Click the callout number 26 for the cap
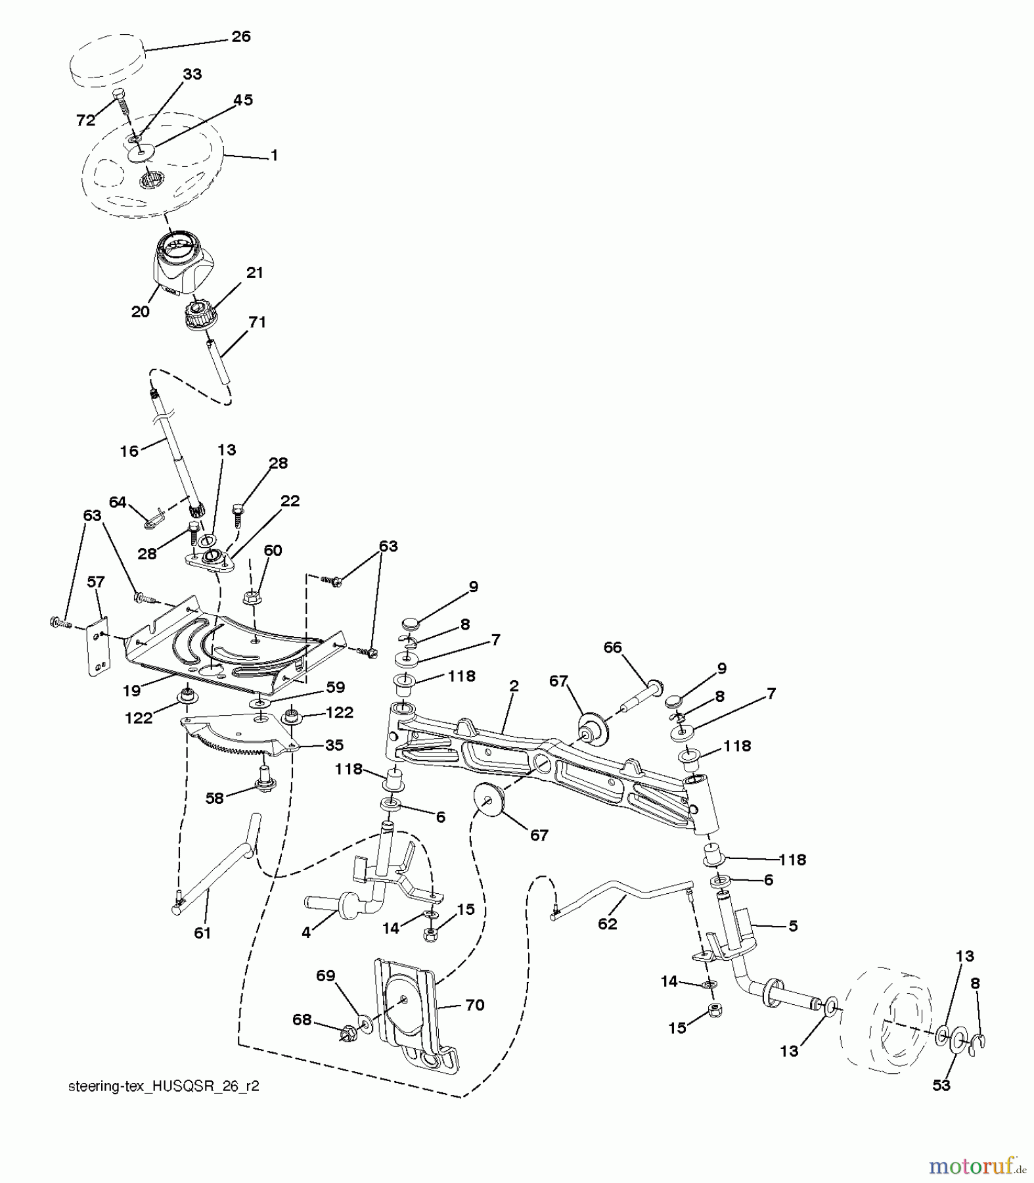pyautogui.click(x=241, y=37)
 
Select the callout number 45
pyautogui.click(x=243, y=100)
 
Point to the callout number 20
pyautogui.click(x=141, y=312)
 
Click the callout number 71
pyautogui.click(x=257, y=322)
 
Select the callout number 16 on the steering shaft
pyautogui.click(x=129, y=451)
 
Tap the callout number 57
pyautogui.click(x=97, y=582)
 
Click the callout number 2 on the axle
pyautogui.click(x=514, y=685)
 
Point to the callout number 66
pyautogui.click(x=612, y=647)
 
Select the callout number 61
pyautogui.click(x=202, y=933)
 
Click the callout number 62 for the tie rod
pyautogui.click(x=608, y=923)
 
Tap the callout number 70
pyautogui.click(x=474, y=1005)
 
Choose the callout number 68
pyautogui.click(x=303, y=1019)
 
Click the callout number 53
pyautogui.click(x=941, y=1085)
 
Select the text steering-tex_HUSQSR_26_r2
pyautogui.click(x=164, y=1086)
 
